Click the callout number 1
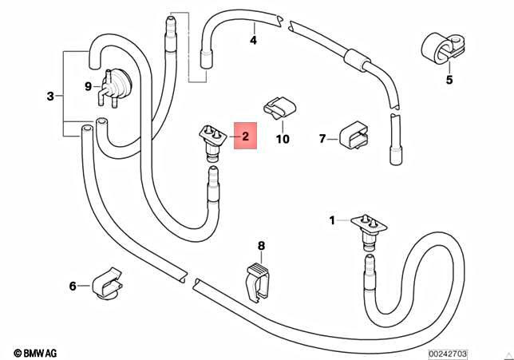(x=334, y=219)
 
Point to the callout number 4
(x=253, y=39)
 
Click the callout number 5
(x=449, y=79)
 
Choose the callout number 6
(x=73, y=285)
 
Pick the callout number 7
(x=322, y=139)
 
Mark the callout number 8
(x=260, y=246)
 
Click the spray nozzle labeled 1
(x=368, y=227)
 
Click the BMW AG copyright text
(x=35, y=352)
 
